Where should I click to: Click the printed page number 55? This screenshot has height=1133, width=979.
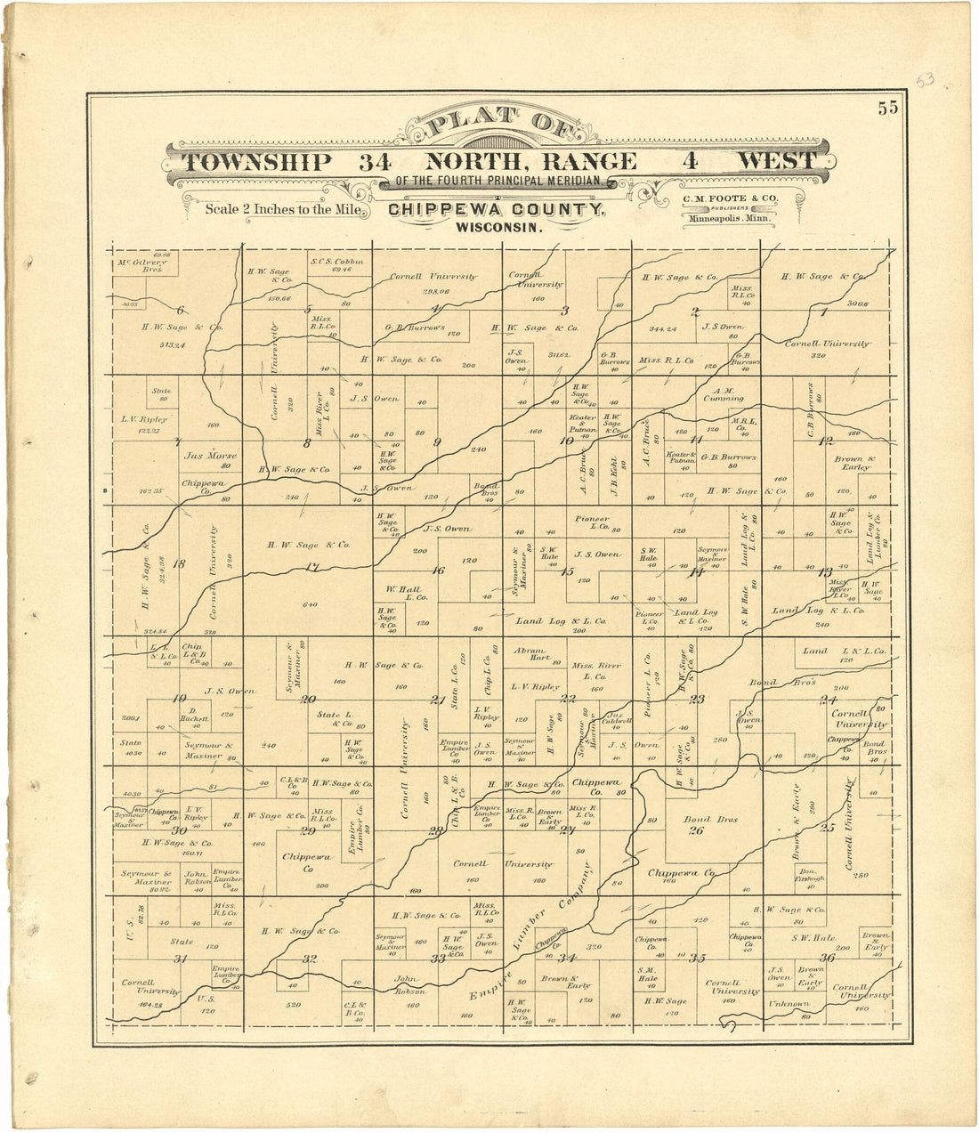(887, 109)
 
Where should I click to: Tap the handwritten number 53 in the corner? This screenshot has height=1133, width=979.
(926, 81)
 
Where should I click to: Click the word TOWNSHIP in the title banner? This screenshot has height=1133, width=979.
(257, 162)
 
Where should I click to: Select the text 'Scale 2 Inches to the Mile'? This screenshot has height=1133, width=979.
(282, 210)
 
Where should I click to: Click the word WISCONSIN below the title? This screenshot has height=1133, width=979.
(498, 227)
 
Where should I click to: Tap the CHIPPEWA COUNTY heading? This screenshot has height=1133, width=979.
(497, 210)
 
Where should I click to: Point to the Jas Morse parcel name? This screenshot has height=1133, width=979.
(210, 455)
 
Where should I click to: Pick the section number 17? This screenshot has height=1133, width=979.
(311, 567)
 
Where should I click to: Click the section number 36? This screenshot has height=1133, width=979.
(827, 958)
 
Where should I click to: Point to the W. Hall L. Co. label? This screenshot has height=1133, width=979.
(406, 594)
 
